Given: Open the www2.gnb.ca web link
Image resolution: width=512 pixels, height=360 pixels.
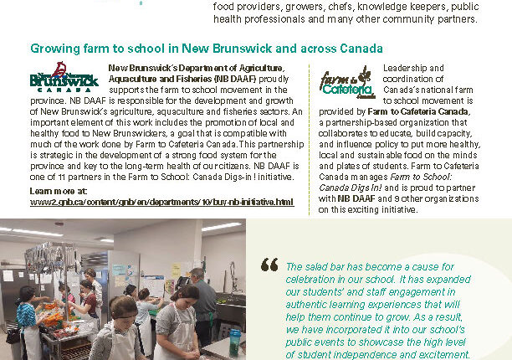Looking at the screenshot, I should pyautogui.click(x=161, y=202).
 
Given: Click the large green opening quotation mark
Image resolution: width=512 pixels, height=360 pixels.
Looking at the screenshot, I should pyautogui.click(x=269, y=265).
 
